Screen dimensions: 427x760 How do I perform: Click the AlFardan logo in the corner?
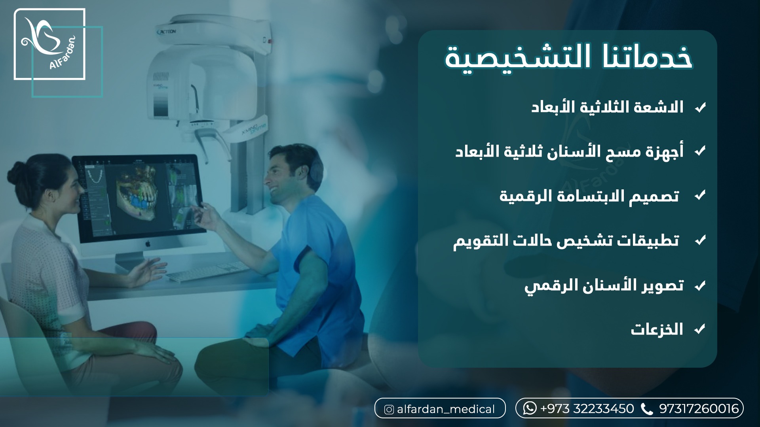pyautogui.click(x=49, y=44)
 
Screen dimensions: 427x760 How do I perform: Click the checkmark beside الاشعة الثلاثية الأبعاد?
pyautogui.click(x=700, y=108)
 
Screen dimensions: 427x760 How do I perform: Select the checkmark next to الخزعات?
pyautogui.click(x=700, y=329)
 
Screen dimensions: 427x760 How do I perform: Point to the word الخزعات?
pyautogui.click(x=657, y=329)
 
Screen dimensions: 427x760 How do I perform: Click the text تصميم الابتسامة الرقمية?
pyautogui.click(x=589, y=196)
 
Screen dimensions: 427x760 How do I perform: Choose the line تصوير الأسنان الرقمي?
pyautogui.click(x=604, y=285)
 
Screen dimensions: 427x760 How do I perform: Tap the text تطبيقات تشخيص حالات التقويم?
pyautogui.click(x=566, y=240)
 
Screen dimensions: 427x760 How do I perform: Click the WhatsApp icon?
pyautogui.click(x=530, y=408)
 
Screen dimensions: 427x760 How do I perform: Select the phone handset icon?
pyautogui.click(x=647, y=409)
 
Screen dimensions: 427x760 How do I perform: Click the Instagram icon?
pyautogui.click(x=389, y=410)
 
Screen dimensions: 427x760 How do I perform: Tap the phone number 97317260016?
pyautogui.click(x=699, y=408)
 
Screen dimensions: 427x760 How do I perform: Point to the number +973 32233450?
pyautogui.click(x=587, y=408)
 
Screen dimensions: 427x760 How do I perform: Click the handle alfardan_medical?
pyautogui.click(x=446, y=409)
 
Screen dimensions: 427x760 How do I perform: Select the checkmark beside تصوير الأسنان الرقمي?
pyautogui.click(x=700, y=285)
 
